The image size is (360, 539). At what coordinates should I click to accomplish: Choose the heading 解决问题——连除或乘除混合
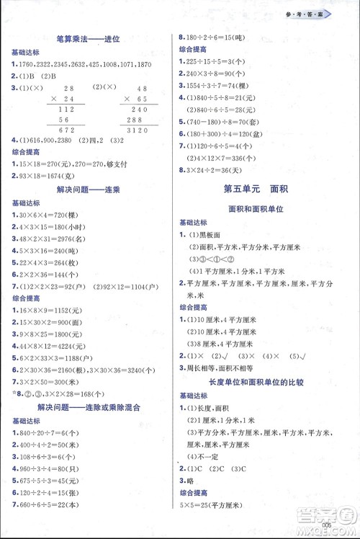pyautogui.click(x=89, y=406)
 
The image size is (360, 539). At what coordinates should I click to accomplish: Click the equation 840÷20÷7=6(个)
pyautogui.click(x=52, y=434)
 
